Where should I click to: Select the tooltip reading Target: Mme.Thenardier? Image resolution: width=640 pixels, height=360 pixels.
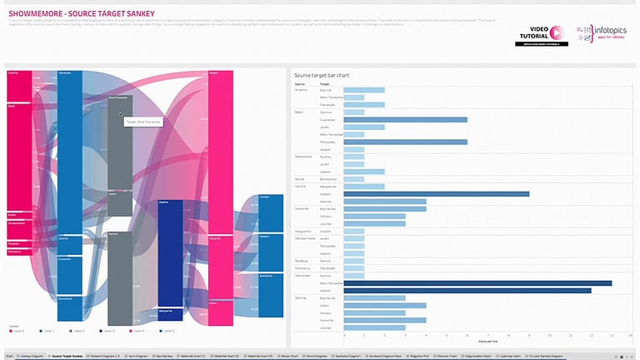[x=144, y=122]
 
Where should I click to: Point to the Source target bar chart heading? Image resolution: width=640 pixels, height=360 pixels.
[x=322, y=75]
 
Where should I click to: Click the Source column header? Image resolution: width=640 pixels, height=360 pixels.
[x=300, y=84]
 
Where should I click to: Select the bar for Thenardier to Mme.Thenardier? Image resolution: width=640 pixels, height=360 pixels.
[x=477, y=283]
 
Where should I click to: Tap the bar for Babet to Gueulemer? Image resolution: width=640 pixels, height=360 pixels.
[x=406, y=119]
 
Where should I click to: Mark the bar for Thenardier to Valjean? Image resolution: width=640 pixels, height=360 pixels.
[x=467, y=290]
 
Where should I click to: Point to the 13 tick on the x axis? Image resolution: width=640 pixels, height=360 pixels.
[x=612, y=336]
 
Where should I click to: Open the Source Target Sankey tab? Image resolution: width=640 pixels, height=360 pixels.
[x=67, y=356]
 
